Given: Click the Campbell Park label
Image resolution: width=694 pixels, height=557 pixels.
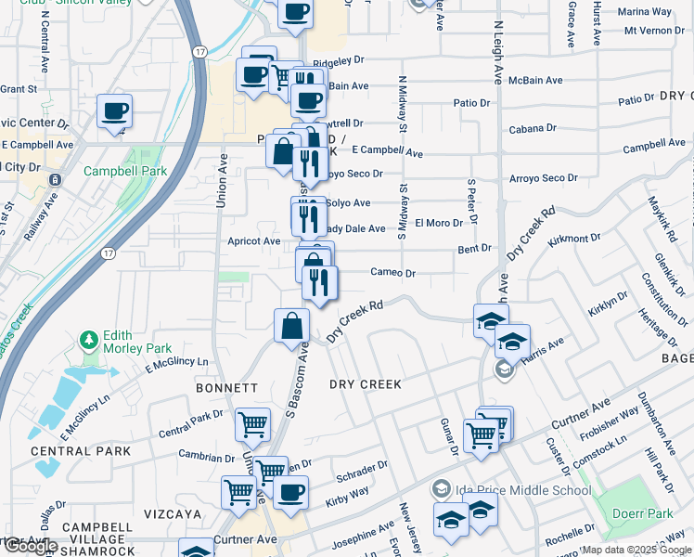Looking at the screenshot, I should pyautogui.click(x=124, y=172).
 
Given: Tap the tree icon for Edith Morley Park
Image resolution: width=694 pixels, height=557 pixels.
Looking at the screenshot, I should pyautogui.click(x=89, y=341).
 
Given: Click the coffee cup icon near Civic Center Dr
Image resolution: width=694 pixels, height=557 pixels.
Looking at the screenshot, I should pyautogui.click(x=115, y=112).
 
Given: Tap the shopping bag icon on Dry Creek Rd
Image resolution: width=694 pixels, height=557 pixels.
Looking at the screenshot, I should pyautogui.click(x=291, y=326).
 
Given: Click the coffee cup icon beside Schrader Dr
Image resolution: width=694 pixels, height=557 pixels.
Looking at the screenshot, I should pyautogui.click(x=291, y=492).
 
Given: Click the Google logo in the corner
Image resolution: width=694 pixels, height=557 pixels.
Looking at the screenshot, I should pyautogui.click(x=30, y=546).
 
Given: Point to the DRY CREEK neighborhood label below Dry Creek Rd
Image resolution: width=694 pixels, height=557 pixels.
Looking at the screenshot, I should pyautogui.click(x=366, y=384).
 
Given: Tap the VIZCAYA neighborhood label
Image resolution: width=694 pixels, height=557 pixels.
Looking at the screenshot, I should pyautogui.click(x=173, y=513).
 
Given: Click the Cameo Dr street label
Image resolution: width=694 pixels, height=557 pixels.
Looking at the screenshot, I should pyautogui.click(x=392, y=273).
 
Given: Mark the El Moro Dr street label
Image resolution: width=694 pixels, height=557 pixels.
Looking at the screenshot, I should pyautogui.click(x=439, y=223).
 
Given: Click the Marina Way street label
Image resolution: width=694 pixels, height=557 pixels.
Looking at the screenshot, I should pyautogui.click(x=645, y=12).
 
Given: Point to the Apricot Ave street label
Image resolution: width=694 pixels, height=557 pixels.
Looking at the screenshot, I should pyautogui.click(x=254, y=241).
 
